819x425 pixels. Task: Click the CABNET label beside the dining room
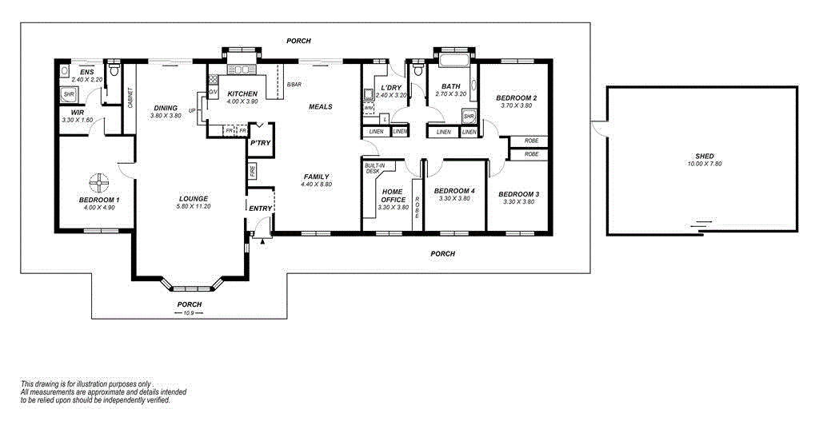130,97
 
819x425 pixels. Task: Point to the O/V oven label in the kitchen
213,93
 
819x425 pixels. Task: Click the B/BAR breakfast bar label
294,84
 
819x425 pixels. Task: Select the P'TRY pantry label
260,143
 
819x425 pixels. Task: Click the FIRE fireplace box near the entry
252,171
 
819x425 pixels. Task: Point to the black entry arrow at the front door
262,240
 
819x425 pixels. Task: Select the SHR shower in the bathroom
469,117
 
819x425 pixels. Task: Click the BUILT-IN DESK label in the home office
375,168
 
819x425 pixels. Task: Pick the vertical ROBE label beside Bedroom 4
417,208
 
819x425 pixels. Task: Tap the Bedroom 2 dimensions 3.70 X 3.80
517,105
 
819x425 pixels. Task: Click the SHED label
704,156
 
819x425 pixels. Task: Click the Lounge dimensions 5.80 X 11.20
194,206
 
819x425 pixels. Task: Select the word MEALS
321,106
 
